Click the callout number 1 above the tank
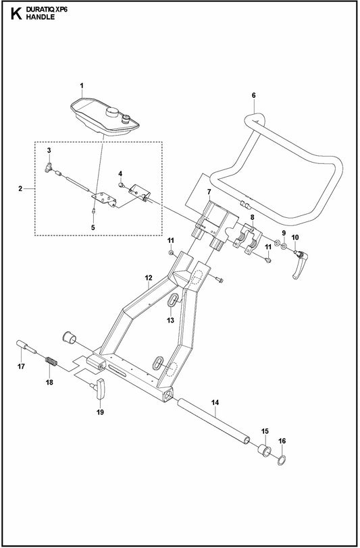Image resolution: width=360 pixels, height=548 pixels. point(82,86)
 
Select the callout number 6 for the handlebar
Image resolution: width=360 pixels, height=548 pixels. point(253,95)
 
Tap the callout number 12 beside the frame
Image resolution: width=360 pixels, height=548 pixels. point(148,277)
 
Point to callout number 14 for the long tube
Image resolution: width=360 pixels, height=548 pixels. point(215,404)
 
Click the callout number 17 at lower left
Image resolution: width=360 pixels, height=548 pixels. point(20,366)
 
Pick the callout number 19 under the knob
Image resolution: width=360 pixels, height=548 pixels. point(100,410)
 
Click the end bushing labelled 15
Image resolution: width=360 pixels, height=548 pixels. point(263,451)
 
